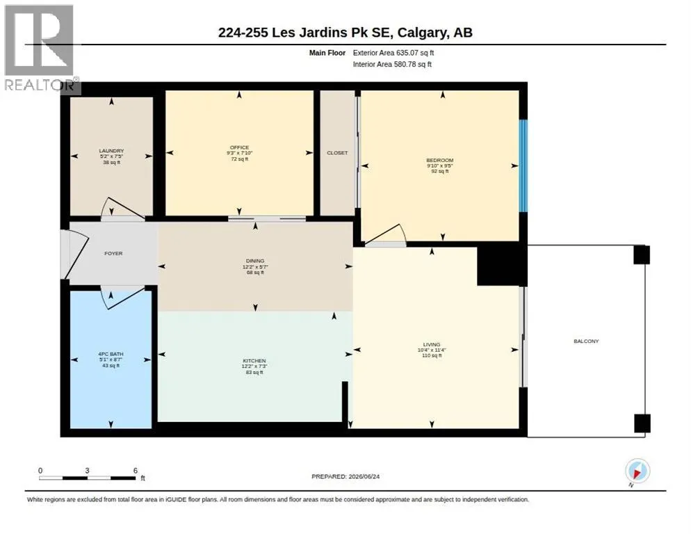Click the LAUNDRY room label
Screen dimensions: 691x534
[111, 151]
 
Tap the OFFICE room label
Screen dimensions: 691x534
[239, 147]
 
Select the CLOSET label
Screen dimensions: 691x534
[337, 152]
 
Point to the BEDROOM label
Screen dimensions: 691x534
[440, 160]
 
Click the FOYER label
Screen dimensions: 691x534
[113, 254]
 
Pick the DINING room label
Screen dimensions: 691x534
[255, 261]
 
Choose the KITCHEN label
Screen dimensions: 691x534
[254, 361]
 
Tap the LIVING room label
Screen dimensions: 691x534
[432, 344]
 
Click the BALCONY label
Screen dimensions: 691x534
[586, 341]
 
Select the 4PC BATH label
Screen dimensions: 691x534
[111, 354]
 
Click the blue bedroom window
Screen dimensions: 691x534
[523, 165]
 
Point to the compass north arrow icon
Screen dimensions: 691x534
[637, 471]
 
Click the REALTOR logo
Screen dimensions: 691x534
[40, 49]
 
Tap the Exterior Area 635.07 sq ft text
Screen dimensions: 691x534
[393, 53]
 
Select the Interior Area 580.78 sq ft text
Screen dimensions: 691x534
[392, 65]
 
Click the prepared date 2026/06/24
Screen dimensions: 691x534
[364, 476]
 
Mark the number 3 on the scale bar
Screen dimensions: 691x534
[88, 471]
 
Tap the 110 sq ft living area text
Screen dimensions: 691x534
[432, 355]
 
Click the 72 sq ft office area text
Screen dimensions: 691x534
[240, 159]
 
